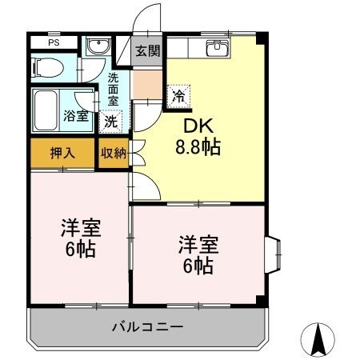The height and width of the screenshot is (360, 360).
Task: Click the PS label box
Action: coord(53,43)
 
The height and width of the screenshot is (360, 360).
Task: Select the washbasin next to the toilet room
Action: coord(98,47)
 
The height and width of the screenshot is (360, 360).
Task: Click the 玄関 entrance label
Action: coord(147,52)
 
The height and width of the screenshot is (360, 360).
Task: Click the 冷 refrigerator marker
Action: coord(178,95)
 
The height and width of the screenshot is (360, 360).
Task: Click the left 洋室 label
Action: coord(78,227)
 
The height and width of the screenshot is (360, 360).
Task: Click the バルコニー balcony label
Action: coord(147,326)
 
